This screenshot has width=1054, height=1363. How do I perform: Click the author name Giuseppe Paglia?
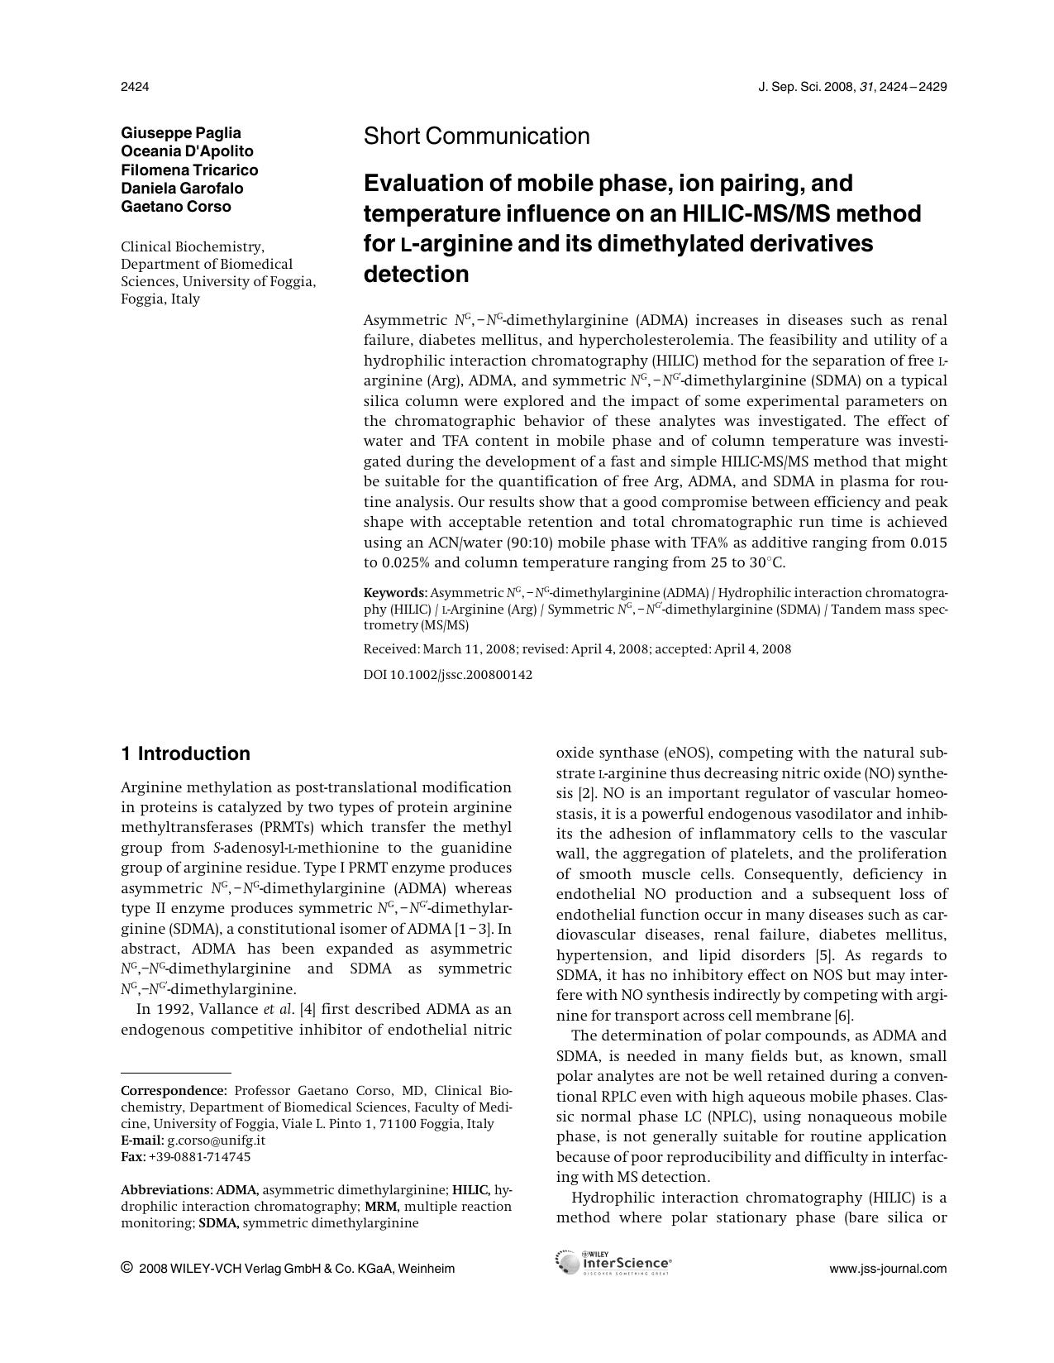[181, 133]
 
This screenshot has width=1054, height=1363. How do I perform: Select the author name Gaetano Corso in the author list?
[176, 207]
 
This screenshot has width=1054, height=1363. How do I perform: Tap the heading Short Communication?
[477, 136]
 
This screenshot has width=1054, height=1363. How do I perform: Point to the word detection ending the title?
[417, 275]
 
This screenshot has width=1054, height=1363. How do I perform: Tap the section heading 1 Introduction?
[185, 753]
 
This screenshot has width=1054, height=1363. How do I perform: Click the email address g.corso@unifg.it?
[216, 1140]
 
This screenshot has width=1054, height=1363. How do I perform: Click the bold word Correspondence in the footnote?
[172, 1091]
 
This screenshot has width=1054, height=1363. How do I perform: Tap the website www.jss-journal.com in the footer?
[888, 1269]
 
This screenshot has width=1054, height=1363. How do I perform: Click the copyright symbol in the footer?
[126, 1268]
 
